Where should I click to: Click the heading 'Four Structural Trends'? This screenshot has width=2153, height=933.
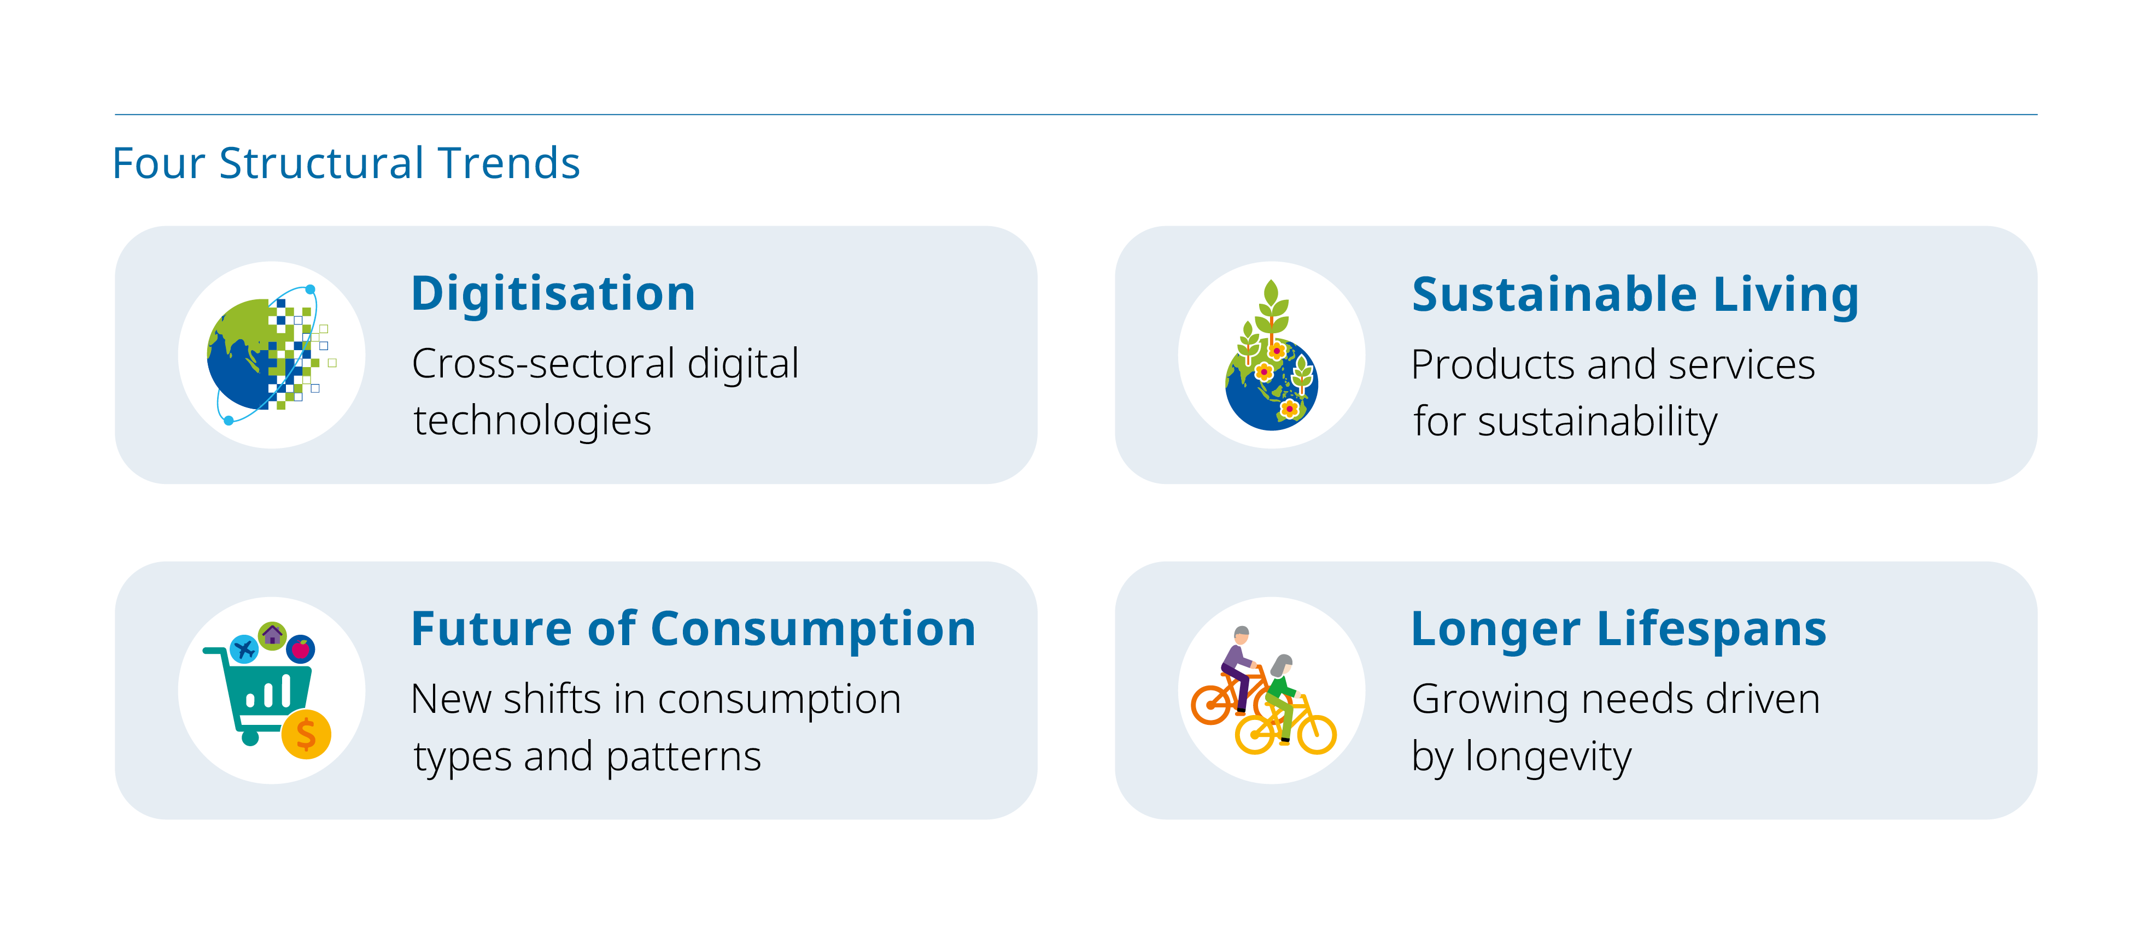coord(346,163)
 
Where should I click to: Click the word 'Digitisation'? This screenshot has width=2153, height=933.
coord(553,294)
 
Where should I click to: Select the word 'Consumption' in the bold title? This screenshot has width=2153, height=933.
coord(813,629)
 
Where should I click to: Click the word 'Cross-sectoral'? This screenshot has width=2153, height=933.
coord(543,364)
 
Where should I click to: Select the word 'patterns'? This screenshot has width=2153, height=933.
coord(683,757)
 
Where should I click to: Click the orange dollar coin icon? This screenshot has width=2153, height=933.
coord(306,734)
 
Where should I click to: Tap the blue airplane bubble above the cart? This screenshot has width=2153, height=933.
coord(244,649)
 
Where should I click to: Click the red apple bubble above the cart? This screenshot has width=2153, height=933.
coord(300,649)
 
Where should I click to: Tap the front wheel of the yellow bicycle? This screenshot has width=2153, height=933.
coord(1317,734)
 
